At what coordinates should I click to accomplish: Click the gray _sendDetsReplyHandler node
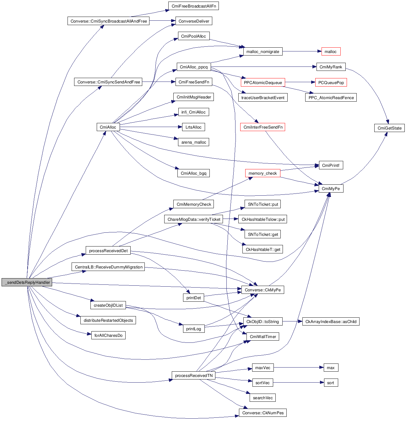tap(27, 282)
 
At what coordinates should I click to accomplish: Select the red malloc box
tap(331, 51)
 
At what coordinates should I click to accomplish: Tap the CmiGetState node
tap(389, 128)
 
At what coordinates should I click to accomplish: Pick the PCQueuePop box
tap(331, 82)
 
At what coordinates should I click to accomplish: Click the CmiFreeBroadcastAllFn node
tap(193, 6)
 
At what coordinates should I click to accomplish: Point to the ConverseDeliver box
tap(194, 21)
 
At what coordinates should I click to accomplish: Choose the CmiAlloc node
tap(108, 127)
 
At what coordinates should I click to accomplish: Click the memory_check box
tap(263, 173)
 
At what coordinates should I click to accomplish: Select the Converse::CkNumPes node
tap(263, 413)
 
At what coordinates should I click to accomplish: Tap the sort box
tap(331, 383)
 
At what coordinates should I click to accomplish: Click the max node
tap(331, 368)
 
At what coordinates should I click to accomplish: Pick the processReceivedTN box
tap(194, 375)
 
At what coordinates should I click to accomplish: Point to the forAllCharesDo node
tap(108, 335)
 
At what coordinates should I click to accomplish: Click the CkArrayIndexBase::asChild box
tap(331, 321)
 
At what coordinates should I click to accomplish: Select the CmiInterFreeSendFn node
tap(263, 127)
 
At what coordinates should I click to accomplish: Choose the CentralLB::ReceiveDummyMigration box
tap(109, 267)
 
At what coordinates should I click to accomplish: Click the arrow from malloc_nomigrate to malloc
tap(301, 51)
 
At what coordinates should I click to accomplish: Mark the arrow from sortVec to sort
tap(298, 383)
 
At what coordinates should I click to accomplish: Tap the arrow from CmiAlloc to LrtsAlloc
tap(151, 127)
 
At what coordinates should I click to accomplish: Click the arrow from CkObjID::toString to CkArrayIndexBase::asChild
tap(292, 321)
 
